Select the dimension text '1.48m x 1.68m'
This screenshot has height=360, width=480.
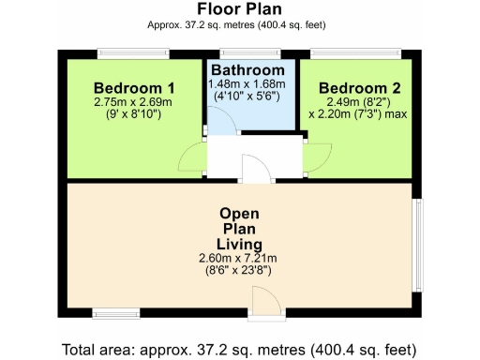249,84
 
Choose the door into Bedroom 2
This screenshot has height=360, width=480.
315,156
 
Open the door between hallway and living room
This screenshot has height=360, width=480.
252,170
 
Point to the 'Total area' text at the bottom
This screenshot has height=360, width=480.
238,350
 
